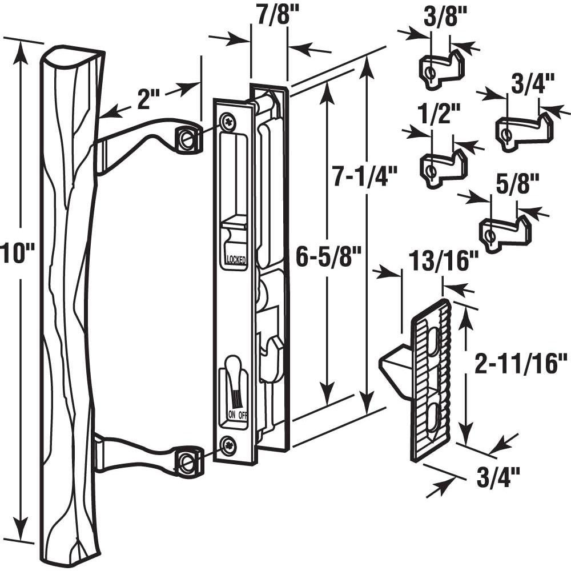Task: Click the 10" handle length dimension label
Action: click(17, 252)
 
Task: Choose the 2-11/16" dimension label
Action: click(522, 364)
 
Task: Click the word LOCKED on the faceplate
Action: click(236, 260)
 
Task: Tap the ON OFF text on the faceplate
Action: click(238, 415)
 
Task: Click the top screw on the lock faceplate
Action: click(228, 121)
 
